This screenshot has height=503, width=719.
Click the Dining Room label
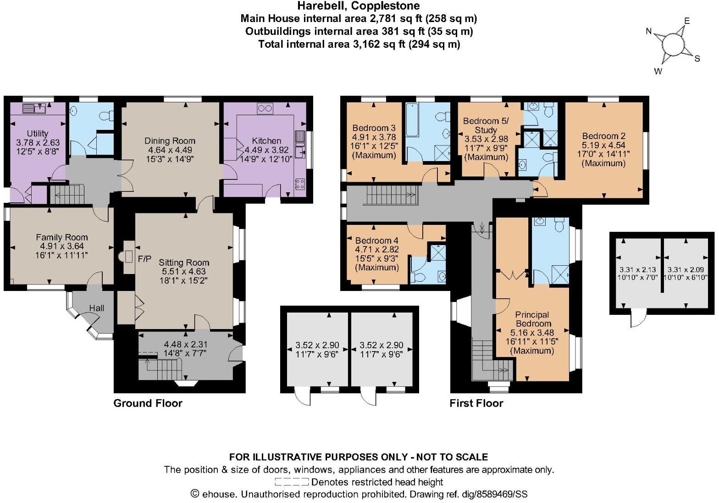(x=170, y=141)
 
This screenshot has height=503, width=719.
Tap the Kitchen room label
(x=266, y=141)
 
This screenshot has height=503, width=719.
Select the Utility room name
(x=38, y=133)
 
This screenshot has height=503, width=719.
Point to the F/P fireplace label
(x=144, y=259)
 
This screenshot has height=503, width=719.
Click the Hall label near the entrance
(x=97, y=308)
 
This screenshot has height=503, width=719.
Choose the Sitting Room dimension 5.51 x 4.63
(x=184, y=271)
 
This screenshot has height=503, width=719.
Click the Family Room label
(x=62, y=237)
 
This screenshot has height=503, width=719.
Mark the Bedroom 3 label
(x=374, y=128)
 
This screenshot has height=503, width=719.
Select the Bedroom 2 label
(x=603, y=136)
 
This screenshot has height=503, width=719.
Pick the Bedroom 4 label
(x=377, y=240)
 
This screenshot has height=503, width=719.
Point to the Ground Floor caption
(x=148, y=403)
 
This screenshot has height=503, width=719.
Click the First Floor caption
(x=476, y=403)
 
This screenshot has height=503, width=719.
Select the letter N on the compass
(x=649, y=32)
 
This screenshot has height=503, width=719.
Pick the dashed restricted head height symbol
(x=291, y=482)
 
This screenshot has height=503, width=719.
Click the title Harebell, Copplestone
(x=358, y=6)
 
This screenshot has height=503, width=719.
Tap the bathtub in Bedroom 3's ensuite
(x=411, y=119)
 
